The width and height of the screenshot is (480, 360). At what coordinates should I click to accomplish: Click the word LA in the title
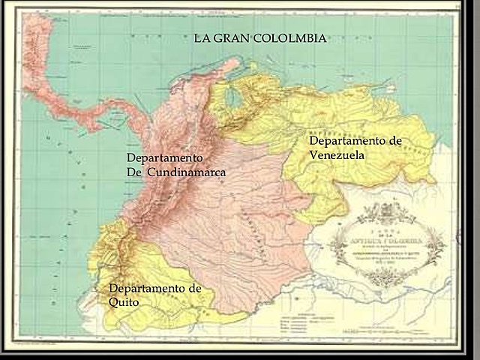pos(201,38)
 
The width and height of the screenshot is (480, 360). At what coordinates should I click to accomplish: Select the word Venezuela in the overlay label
pos(337,154)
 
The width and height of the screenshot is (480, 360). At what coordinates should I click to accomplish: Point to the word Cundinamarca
pos(186,172)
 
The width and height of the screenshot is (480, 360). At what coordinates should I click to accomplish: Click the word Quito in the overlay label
pos(124,302)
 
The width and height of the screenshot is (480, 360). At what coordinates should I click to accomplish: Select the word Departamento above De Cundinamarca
pos(164,158)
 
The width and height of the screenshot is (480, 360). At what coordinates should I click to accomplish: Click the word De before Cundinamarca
pos(134,172)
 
